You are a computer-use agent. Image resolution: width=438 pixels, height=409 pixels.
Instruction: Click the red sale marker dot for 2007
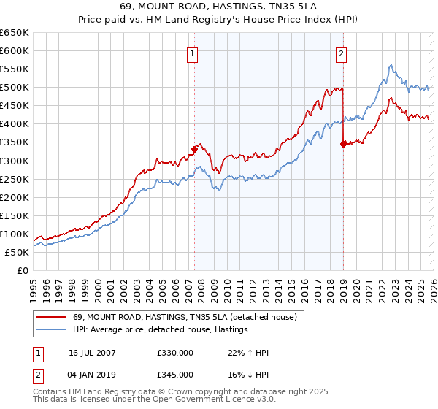pos(194,149)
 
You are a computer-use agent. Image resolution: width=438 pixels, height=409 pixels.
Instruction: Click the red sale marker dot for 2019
pos(342,144)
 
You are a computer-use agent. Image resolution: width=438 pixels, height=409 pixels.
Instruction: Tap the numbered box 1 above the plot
pos(191,53)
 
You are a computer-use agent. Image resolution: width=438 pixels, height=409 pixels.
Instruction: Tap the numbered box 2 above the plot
pos(341,53)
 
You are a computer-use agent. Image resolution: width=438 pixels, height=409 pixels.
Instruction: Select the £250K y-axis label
pos(15,180)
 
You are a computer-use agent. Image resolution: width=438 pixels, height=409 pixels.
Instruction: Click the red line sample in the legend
pos(52,318)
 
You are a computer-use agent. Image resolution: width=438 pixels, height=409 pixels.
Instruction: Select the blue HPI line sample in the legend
pos(52,330)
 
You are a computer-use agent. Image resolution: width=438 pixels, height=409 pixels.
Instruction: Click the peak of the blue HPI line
pos(391,65)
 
